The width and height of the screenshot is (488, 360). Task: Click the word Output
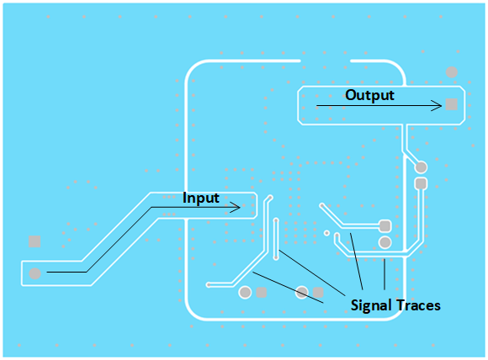click(369, 95)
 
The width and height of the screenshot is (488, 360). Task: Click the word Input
click(201, 199)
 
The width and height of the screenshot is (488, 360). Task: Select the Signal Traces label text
click(395, 305)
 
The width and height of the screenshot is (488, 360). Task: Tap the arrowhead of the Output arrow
click(438, 105)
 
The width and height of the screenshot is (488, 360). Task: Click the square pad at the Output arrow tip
click(452, 104)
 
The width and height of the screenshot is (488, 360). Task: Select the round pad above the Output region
click(452, 72)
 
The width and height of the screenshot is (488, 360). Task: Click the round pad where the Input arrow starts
click(34, 273)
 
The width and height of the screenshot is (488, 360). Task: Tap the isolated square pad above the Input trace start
click(34, 241)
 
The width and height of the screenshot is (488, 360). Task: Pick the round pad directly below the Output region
click(421, 167)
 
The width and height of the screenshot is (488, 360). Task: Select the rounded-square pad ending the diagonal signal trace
click(385, 225)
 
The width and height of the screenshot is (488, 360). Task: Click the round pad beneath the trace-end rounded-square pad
click(385, 242)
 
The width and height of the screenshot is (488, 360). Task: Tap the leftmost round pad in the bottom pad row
click(245, 293)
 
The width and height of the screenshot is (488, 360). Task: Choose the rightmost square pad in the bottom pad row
click(318, 293)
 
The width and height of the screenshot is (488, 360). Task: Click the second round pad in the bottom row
click(302, 293)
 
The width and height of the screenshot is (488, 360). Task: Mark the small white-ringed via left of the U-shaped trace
click(326, 232)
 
